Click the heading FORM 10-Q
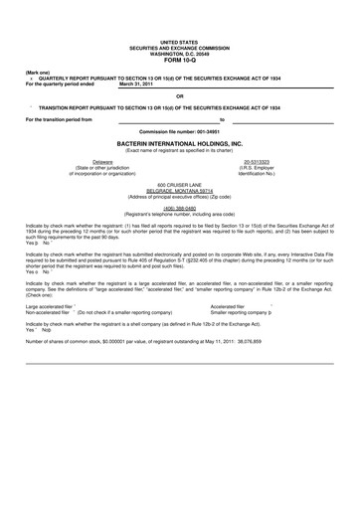coord(180,59)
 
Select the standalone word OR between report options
coord(180,96)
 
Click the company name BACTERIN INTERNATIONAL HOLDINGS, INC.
coord(180,142)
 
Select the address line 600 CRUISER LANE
coord(180,183)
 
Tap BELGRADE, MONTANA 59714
coord(180,189)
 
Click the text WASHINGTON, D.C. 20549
coord(180,53)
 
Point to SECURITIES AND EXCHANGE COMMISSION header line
coord(180,48)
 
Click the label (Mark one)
coord(38,73)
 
